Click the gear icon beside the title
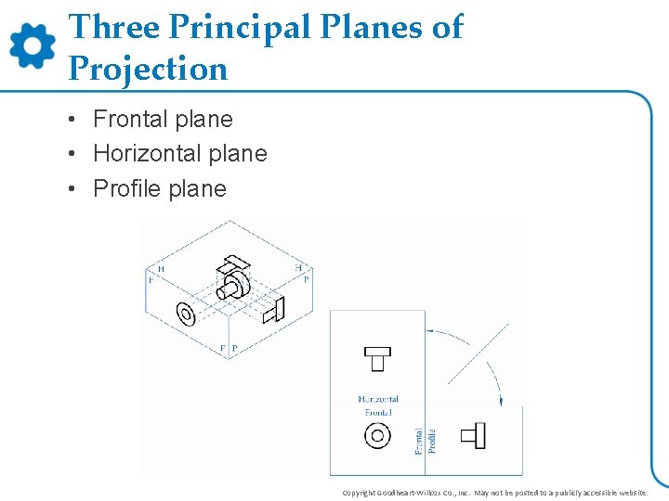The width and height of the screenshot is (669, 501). (33, 45)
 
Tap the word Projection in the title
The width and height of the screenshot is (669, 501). (148, 69)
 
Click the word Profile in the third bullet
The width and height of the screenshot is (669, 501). (127, 188)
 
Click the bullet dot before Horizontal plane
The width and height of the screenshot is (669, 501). (72, 154)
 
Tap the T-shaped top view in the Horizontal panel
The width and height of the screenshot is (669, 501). (377, 357)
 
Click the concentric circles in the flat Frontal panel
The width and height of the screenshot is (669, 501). (377, 435)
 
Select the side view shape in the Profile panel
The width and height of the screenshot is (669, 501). (475, 433)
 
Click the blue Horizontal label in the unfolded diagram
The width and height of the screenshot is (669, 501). (378, 399)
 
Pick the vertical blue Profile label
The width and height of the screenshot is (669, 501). (432, 440)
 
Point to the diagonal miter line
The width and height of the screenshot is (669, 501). (479, 353)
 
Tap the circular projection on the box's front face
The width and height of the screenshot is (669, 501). (186, 315)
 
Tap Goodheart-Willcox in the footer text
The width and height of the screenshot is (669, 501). (410, 493)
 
